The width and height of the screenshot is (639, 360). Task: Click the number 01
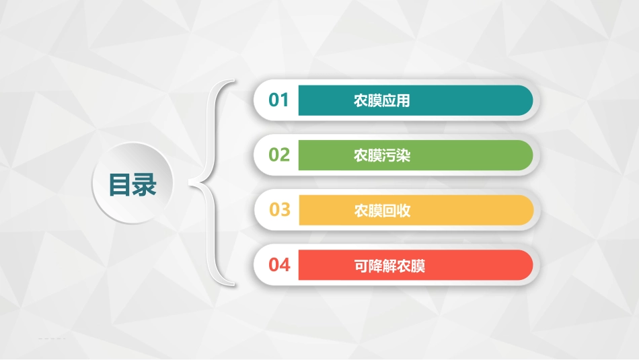278,100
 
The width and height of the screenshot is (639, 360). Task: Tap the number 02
279,155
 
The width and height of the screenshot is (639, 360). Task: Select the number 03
279,210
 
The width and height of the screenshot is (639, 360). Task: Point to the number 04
279,265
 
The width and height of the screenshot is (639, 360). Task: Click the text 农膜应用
381,101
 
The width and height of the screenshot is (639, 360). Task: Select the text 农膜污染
381,156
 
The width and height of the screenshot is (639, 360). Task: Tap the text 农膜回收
381,211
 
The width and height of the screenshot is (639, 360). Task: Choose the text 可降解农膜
389,266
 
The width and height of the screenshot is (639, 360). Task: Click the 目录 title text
133,184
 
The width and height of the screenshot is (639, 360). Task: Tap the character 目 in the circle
121,184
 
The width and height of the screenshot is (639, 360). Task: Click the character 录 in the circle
145,184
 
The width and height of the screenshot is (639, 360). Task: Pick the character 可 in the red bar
361,266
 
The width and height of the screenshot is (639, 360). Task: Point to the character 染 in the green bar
403,156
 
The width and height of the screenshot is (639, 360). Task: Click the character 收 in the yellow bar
403,211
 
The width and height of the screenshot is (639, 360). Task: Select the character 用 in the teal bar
403,101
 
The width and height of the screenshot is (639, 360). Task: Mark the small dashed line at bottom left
52,338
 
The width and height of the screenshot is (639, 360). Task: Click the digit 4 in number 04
285,265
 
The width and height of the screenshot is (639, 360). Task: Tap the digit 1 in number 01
285,100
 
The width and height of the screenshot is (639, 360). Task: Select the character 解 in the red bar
389,266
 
